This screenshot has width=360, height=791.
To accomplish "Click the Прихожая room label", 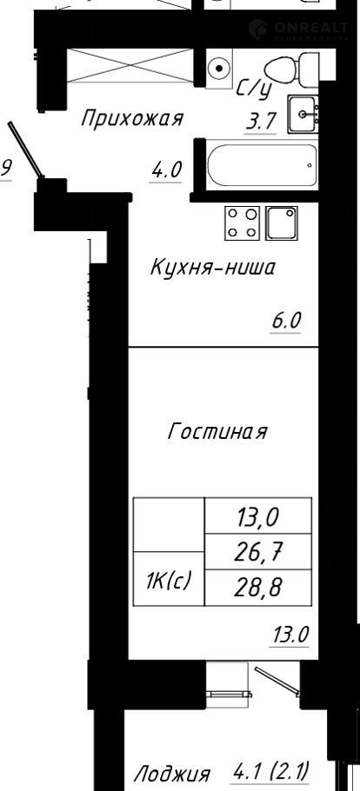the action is pos(132,120).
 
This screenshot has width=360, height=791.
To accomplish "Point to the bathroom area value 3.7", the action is pos(261,122).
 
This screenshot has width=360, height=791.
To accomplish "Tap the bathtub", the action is pos(262,165).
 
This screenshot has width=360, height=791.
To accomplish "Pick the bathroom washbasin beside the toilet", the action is pos(303,114).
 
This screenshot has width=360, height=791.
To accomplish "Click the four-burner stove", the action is pos(243,223).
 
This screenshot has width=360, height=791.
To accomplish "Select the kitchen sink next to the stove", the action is pos(282,223).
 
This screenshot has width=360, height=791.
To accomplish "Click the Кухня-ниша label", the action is pos(212,268).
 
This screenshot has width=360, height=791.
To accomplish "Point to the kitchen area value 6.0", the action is pos(286,321).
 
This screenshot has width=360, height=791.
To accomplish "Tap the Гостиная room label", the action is pos(217,432).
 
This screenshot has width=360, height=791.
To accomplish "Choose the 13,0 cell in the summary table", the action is pos(258,515).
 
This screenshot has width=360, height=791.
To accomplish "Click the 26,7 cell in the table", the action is pos(258,552).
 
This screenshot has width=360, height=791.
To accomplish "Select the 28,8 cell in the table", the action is pos(258,588).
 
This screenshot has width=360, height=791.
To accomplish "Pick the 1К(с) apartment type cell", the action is pos(169,579).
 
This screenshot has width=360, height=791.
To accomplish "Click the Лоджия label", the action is pos(171,774).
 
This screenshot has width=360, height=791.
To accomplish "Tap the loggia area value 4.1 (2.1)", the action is pos(270,771).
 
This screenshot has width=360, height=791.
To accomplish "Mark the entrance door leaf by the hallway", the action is pos(25,150).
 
